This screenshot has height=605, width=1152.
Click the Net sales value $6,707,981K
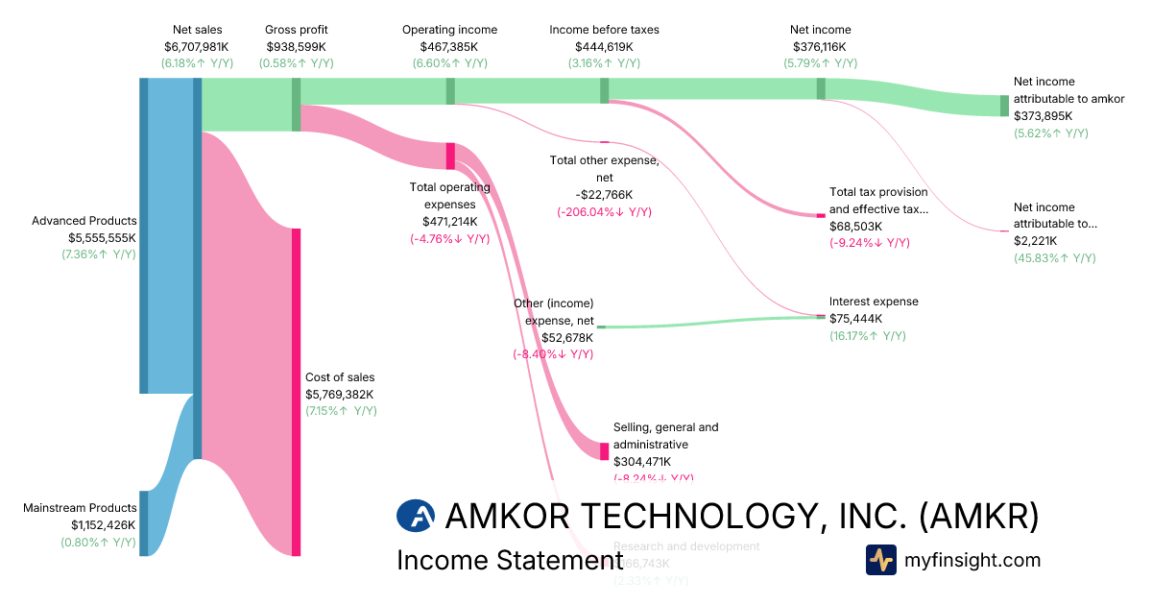[x=197, y=46]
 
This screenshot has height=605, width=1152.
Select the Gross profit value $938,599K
[x=296, y=46]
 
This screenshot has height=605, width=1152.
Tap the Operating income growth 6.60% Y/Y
[x=449, y=63]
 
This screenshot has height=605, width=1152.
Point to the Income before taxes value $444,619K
[x=604, y=46]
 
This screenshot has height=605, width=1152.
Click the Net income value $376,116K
[x=820, y=46]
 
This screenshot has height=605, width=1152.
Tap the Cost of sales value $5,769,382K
[x=339, y=394]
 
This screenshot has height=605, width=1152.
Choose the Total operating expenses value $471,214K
[x=449, y=221]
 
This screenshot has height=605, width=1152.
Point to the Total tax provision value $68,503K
[x=856, y=226]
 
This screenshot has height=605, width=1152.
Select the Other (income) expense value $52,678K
[x=567, y=337]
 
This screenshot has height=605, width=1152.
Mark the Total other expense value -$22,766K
[x=604, y=194]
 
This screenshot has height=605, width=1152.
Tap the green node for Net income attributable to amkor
[x=1004, y=106]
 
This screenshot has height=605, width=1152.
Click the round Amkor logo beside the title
[x=416, y=517]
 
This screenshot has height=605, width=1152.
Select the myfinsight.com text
[x=972, y=560]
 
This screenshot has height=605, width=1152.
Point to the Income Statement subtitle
[x=510, y=561]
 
